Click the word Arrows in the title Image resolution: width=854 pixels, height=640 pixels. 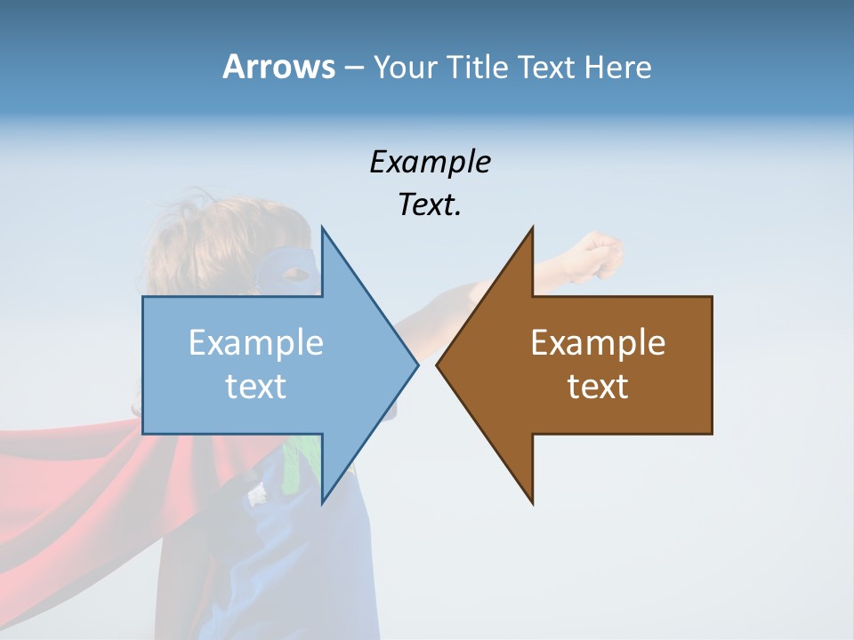click(278, 67)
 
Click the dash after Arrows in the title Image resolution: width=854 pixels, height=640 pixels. click(353, 68)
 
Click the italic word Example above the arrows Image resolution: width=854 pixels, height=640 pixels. click(430, 162)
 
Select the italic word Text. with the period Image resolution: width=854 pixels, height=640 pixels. click(430, 204)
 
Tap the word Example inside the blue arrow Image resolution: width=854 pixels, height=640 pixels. click(256, 343)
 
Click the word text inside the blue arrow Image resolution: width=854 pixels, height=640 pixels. click(256, 387)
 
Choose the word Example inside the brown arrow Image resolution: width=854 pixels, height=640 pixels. click(598, 343)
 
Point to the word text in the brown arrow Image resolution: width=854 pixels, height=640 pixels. click(598, 387)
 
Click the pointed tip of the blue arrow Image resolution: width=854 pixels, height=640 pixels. click(416, 364)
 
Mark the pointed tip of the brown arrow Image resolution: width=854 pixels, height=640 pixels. click(439, 364)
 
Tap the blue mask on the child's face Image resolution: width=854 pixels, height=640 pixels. click(290, 267)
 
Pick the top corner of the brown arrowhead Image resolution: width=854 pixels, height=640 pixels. click(532, 229)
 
